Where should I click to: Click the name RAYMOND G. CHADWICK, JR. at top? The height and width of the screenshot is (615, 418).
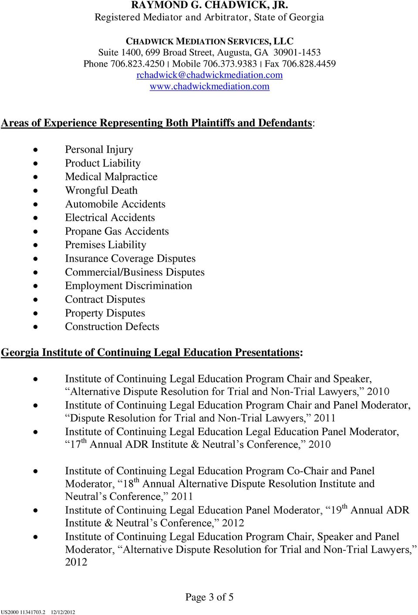click(x=209, y=5)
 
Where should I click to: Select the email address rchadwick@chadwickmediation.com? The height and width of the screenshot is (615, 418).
click(x=209, y=75)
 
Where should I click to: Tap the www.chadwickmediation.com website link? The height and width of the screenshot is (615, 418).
click(x=209, y=86)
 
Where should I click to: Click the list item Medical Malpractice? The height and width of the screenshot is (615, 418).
click(x=111, y=176)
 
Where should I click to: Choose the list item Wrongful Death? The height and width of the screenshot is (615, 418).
click(x=101, y=190)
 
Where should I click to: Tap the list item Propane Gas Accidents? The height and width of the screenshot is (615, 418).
click(x=117, y=231)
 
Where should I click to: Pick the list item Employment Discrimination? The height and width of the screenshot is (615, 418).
click(x=128, y=286)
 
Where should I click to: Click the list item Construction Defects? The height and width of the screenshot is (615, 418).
click(x=112, y=327)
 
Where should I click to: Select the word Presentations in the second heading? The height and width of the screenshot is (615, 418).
click(x=267, y=352)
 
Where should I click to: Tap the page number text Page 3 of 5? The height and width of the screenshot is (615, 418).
click(x=209, y=597)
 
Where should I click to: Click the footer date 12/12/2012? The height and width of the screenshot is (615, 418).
click(x=63, y=612)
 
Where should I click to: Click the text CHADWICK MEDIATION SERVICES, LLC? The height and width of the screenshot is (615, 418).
click(x=209, y=41)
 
